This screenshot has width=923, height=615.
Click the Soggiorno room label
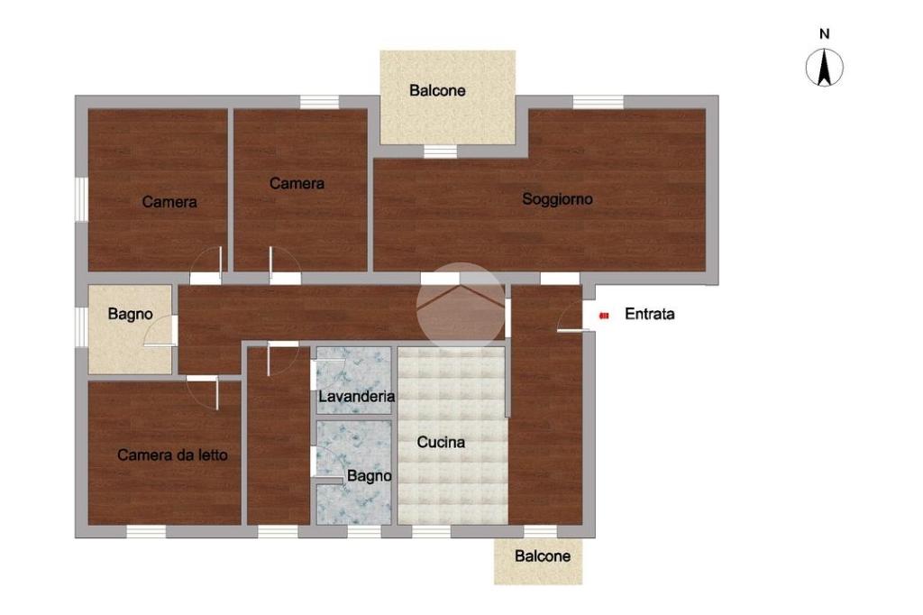pyautogui.click(x=557, y=199)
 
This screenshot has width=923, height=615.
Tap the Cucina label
pyautogui.click(x=441, y=442)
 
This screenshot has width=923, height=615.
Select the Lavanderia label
pyautogui.click(x=356, y=396)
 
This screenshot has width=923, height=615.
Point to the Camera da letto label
pyautogui.click(x=172, y=454)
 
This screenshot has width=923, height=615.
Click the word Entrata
pyautogui.click(x=649, y=314)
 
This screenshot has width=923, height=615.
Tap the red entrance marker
pyautogui.click(x=603, y=316)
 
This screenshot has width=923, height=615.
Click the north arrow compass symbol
pyautogui.click(x=824, y=68)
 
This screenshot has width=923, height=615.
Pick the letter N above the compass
pyautogui.click(x=824, y=34)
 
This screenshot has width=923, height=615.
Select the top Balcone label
pyautogui.click(x=437, y=91)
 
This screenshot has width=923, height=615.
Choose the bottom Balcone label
pyautogui.click(x=542, y=556)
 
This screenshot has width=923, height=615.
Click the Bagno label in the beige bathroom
pyautogui.click(x=130, y=314)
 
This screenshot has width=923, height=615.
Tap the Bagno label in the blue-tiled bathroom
pyautogui.click(x=369, y=475)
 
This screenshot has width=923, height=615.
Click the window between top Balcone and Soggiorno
pyautogui.click(x=440, y=151)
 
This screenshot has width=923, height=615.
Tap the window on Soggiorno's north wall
pyautogui.click(x=599, y=102)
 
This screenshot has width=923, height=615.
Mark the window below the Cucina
pyautogui.click(x=432, y=531)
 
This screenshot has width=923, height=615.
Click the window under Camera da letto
pyautogui.click(x=146, y=531)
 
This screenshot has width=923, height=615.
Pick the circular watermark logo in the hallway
pyautogui.click(x=461, y=307)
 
